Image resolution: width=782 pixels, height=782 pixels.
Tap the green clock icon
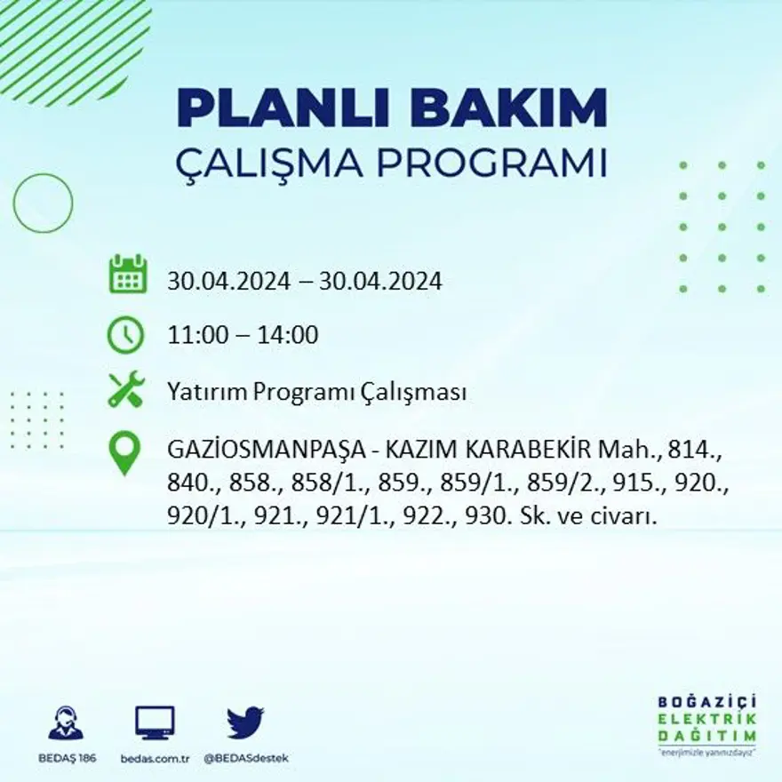click(125, 335)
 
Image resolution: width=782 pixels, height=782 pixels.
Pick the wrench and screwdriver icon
click(125, 391)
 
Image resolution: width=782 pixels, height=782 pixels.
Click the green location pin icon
click(125, 453)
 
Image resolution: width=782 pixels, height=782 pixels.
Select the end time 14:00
click(288, 336)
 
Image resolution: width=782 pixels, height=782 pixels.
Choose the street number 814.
click(699, 449)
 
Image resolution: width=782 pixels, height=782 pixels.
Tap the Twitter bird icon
click(244, 723)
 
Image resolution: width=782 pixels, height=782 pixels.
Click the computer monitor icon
click(155, 723)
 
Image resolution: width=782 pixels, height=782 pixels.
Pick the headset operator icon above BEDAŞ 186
click(66, 723)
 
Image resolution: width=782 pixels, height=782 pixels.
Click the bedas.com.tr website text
click(155, 758)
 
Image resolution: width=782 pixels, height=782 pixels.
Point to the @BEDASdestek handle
click(245, 758)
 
